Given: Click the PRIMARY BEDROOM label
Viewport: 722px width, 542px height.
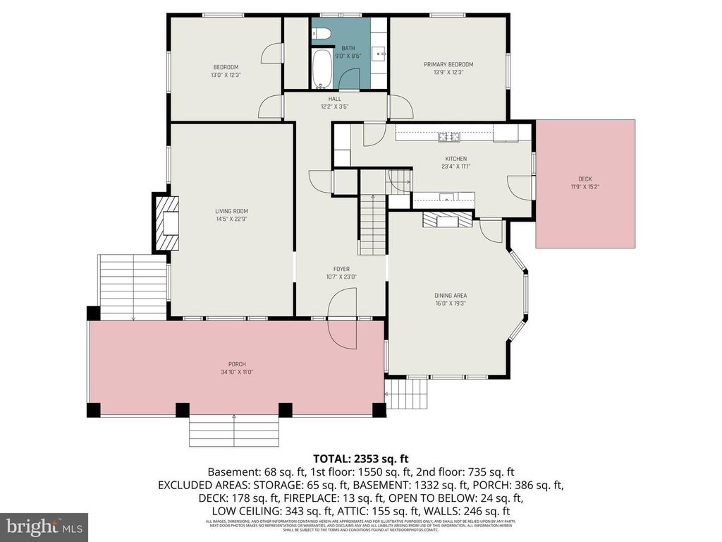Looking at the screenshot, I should click(x=448, y=65).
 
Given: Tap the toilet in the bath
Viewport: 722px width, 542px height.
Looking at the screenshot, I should click(x=322, y=32).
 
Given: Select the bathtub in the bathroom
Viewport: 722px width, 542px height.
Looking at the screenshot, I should click(x=321, y=69).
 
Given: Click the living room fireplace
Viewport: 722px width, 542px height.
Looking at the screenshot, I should click(x=168, y=223).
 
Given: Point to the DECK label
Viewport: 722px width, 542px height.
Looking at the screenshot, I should click(x=585, y=179).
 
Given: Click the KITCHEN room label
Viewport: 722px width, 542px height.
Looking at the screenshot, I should click(x=455, y=159).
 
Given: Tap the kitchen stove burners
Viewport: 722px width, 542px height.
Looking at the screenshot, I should click(x=449, y=135).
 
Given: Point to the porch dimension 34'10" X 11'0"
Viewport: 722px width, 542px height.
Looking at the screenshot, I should click(x=236, y=372).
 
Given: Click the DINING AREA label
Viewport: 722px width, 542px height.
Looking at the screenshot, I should click(x=451, y=296).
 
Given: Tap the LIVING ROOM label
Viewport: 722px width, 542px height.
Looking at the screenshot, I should click(x=231, y=211).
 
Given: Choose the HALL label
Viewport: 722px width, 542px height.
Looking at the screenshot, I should click(x=335, y=99).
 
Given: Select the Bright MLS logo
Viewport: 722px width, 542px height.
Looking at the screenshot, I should click(x=43, y=526).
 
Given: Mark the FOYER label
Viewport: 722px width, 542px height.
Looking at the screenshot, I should click(x=341, y=269).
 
